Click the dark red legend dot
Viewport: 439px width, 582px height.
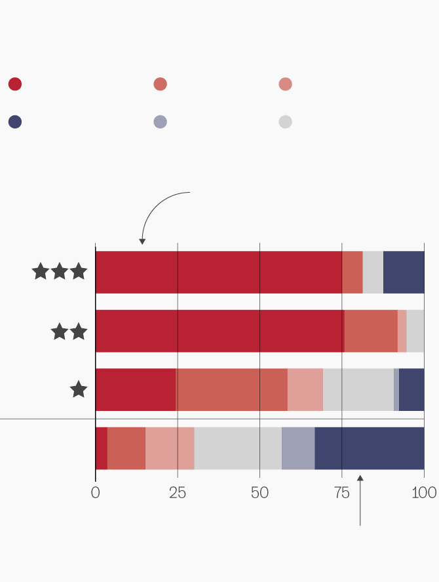coord(15,84)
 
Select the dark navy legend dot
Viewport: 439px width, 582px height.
coord(15,122)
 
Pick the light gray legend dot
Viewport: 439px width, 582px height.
coord(285,122)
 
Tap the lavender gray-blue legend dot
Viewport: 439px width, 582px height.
coord(160,122)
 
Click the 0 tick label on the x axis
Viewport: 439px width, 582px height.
coord(96,493)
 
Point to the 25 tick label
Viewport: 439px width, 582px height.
coord(178,493)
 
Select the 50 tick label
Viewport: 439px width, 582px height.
coord(259,493)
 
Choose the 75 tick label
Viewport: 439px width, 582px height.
coord(342,493)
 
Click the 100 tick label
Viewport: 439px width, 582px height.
coord(423,493)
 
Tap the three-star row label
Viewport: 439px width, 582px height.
coord(60,271)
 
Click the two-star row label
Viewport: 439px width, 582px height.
coord(69,332)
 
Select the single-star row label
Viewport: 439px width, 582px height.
coord(79,390)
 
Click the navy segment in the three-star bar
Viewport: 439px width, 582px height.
coord(404,272)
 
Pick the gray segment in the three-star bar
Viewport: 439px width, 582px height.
coord(373,272)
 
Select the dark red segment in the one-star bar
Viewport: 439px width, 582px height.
coord(136,390)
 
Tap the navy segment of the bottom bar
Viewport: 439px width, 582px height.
coord(369,449)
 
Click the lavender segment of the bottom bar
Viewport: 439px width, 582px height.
coord(298,449)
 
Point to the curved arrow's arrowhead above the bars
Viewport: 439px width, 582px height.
coord(142,241)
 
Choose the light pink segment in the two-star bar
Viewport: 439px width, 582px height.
coord(402,331)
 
